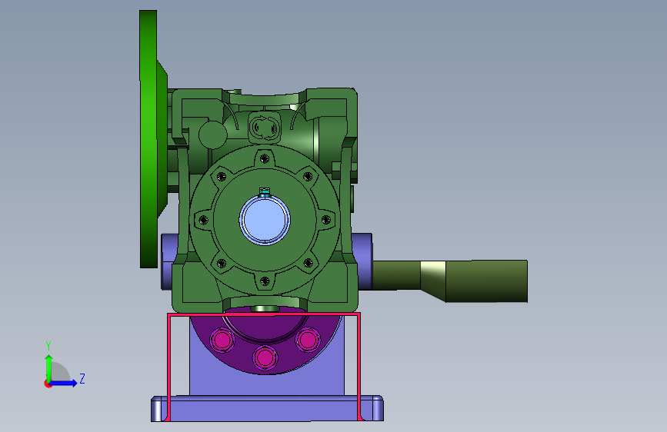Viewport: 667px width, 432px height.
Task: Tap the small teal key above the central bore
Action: pos(265,191)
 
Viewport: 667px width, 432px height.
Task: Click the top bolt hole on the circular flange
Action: pos(265,158)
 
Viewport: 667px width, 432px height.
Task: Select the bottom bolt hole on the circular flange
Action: pos(265,281)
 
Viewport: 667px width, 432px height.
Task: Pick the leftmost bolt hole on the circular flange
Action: pos(203,220)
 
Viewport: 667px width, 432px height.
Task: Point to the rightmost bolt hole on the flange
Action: pos(326,220)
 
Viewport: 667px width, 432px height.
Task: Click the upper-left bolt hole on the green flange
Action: pos(222,177)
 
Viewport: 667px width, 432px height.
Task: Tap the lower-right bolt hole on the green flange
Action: pos(308,263)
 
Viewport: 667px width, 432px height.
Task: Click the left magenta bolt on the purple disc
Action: pos(222,340)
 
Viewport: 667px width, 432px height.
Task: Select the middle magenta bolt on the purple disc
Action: pos(265,357)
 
